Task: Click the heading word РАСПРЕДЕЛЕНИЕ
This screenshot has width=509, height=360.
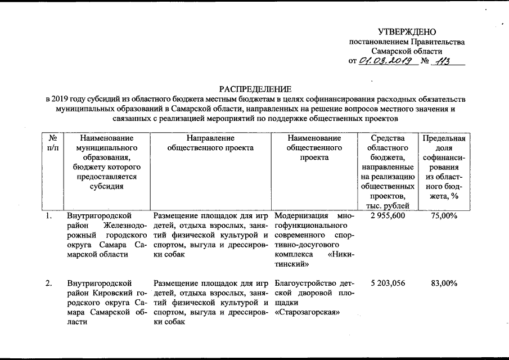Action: [x=255, y=89]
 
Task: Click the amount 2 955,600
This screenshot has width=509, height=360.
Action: [x=388, y=216]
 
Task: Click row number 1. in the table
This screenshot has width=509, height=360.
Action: [x=49, y=216]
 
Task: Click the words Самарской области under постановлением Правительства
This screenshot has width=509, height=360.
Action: [x=407, y=51]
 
